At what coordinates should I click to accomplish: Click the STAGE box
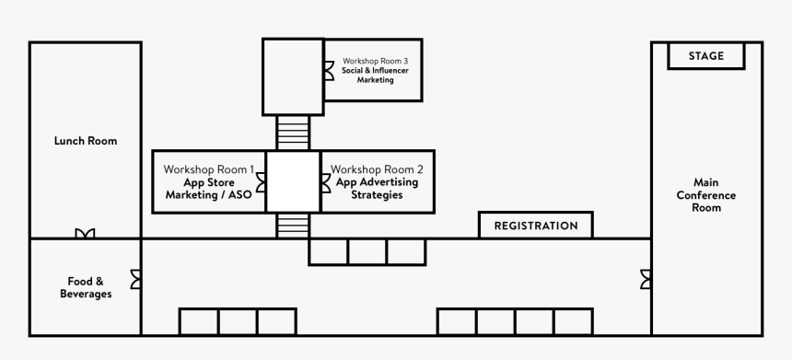click(706, 55)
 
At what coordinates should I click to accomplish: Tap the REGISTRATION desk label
click(536, 226)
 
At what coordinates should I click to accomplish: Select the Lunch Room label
click(85, 141)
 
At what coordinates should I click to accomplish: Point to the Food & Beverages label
click(89, 287)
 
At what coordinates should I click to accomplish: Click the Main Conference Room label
click(706, 194)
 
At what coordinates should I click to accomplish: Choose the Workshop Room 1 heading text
click(209, 169)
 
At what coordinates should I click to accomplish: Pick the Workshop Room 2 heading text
click(377, 169)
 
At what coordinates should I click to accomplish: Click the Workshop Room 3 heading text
click(375, 60)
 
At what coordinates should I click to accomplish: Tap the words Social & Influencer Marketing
click(375, 75)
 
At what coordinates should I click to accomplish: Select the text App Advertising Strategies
click(377, 189)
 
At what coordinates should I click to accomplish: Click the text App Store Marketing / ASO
click(209, 189)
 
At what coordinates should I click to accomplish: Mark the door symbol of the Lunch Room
click(85, 234)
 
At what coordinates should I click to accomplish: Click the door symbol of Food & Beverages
click(136, 278)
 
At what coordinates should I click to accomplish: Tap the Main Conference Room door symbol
click(646, 278)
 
